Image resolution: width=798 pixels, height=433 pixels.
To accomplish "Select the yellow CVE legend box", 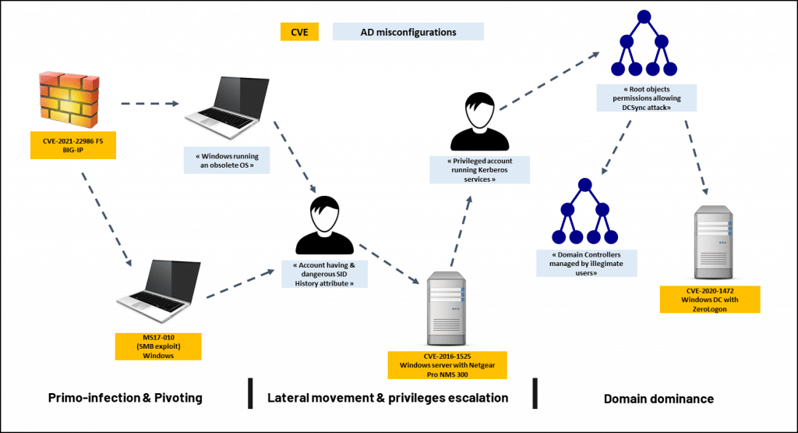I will tap(298, 32).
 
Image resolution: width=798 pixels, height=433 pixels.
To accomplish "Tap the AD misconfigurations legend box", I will tap(408, 32).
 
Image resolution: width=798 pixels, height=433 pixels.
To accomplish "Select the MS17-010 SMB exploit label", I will tap(157, 346).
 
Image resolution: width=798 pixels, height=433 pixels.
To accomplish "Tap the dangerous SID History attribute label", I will tap(325, 274).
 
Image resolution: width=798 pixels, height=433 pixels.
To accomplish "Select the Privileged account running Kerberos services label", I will tap(479, 170).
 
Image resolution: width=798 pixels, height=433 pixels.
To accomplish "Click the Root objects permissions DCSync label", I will tap(647, 98).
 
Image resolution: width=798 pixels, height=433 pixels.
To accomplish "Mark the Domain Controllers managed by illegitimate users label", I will tap(586, 264).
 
